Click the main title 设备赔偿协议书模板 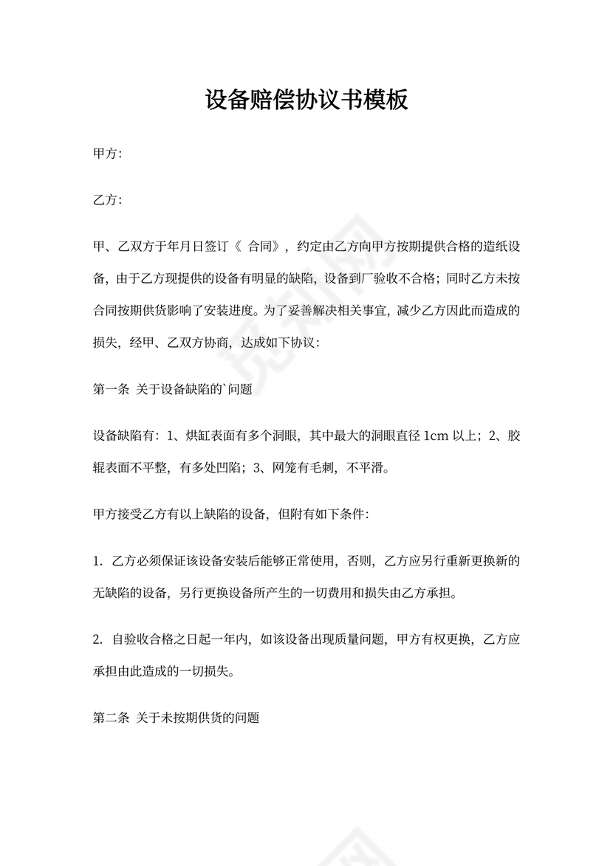coord(306,100)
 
